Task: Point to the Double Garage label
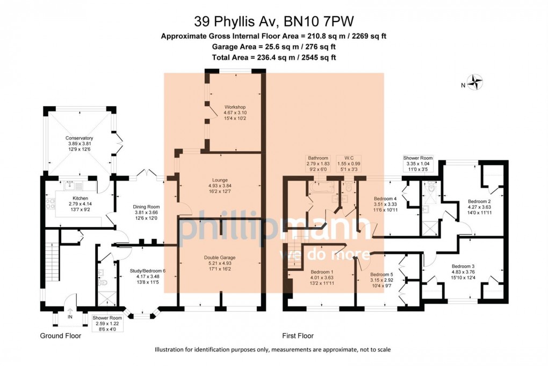[x=220, y=258]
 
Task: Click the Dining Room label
[x=146, y=207]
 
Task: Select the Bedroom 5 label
[x=382, y=274]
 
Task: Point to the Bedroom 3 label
[x=463, y=266]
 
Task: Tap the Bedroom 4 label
[x=385, y=199]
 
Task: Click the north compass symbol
[x=475, y=83]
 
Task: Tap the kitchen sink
[x=72, y=186]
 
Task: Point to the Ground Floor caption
[x=61, y=336]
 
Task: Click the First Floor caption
[x=298, y=336]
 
